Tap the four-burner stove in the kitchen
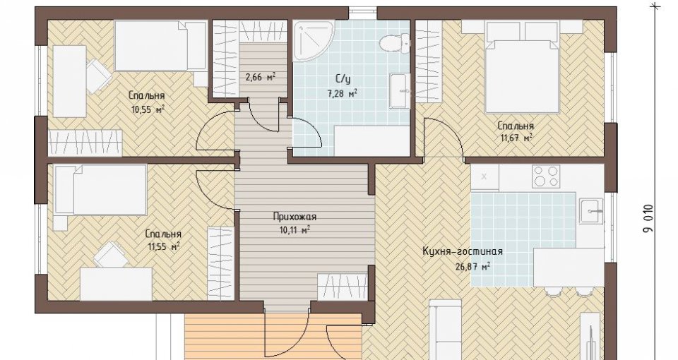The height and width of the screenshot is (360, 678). tap(546, 176)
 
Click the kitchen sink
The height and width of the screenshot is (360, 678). tap(592, 210)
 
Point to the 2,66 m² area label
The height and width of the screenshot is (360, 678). tap(261, 78)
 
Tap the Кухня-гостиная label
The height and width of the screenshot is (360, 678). tap(462, 251)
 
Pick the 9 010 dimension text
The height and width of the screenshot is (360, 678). tap(648, 219)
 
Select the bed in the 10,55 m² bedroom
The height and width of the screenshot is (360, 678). tap(160, 47)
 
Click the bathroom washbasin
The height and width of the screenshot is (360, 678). tap(399, 91)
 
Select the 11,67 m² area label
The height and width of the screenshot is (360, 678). tap(516, 138)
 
